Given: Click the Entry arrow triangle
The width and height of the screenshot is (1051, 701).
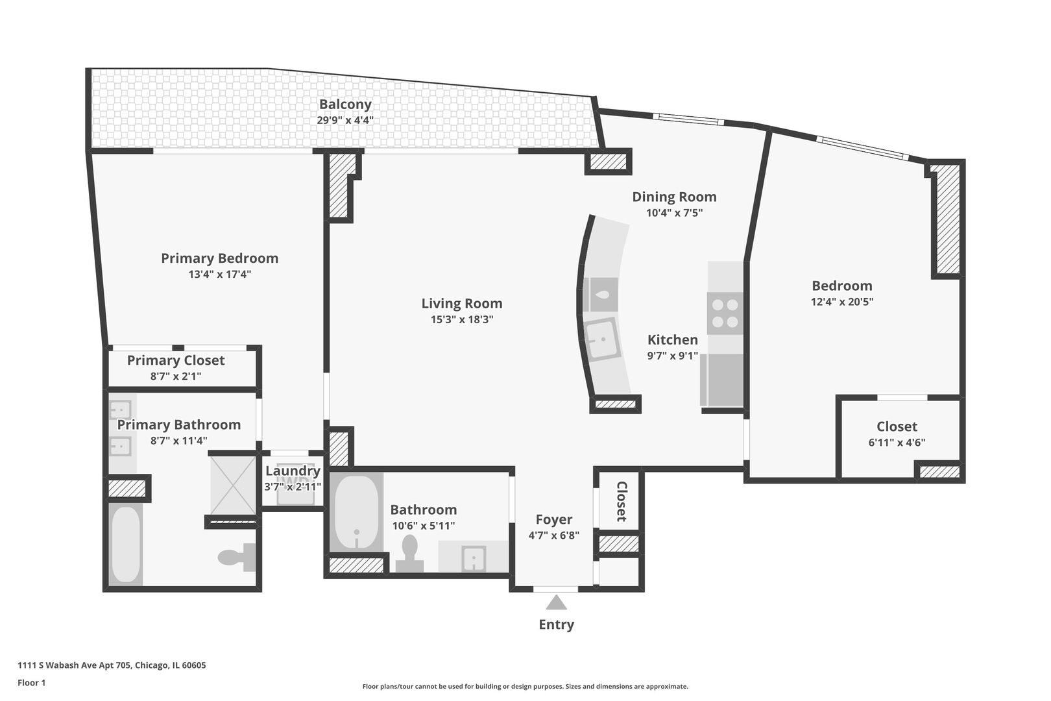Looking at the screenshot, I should coord(556,603).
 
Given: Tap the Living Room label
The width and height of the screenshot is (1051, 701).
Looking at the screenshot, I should coord(461,303).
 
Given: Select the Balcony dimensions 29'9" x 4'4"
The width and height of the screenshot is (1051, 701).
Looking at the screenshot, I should coord(345,120).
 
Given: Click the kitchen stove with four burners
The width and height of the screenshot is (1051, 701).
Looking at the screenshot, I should coord(725,313).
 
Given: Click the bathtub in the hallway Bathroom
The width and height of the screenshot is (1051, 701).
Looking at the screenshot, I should coord(356,512).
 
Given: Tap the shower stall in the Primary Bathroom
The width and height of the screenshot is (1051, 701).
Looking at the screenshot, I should coord(233,485).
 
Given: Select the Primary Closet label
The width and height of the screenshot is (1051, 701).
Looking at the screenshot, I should coord(175,360).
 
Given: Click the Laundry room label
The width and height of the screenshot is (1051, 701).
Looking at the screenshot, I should coord(293,471).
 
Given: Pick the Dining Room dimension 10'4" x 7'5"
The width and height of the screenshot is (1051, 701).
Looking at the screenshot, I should coord(674,213).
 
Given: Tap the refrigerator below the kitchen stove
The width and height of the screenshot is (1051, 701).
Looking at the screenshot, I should coord(723,379).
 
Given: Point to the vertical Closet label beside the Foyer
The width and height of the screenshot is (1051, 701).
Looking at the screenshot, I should coord(621,501).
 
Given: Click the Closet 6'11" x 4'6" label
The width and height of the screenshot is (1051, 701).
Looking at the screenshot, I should coord(897,426).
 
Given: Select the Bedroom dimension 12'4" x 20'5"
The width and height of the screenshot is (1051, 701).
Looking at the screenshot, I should coord(841,302).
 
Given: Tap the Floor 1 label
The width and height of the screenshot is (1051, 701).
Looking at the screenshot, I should coord(32,683).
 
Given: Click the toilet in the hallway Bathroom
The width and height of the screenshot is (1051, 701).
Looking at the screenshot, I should coord(409,554).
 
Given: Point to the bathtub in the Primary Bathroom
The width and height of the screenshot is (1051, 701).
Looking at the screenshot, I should coord(126,545).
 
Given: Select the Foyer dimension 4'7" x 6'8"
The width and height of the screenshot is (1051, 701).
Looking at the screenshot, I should coord(553,535).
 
